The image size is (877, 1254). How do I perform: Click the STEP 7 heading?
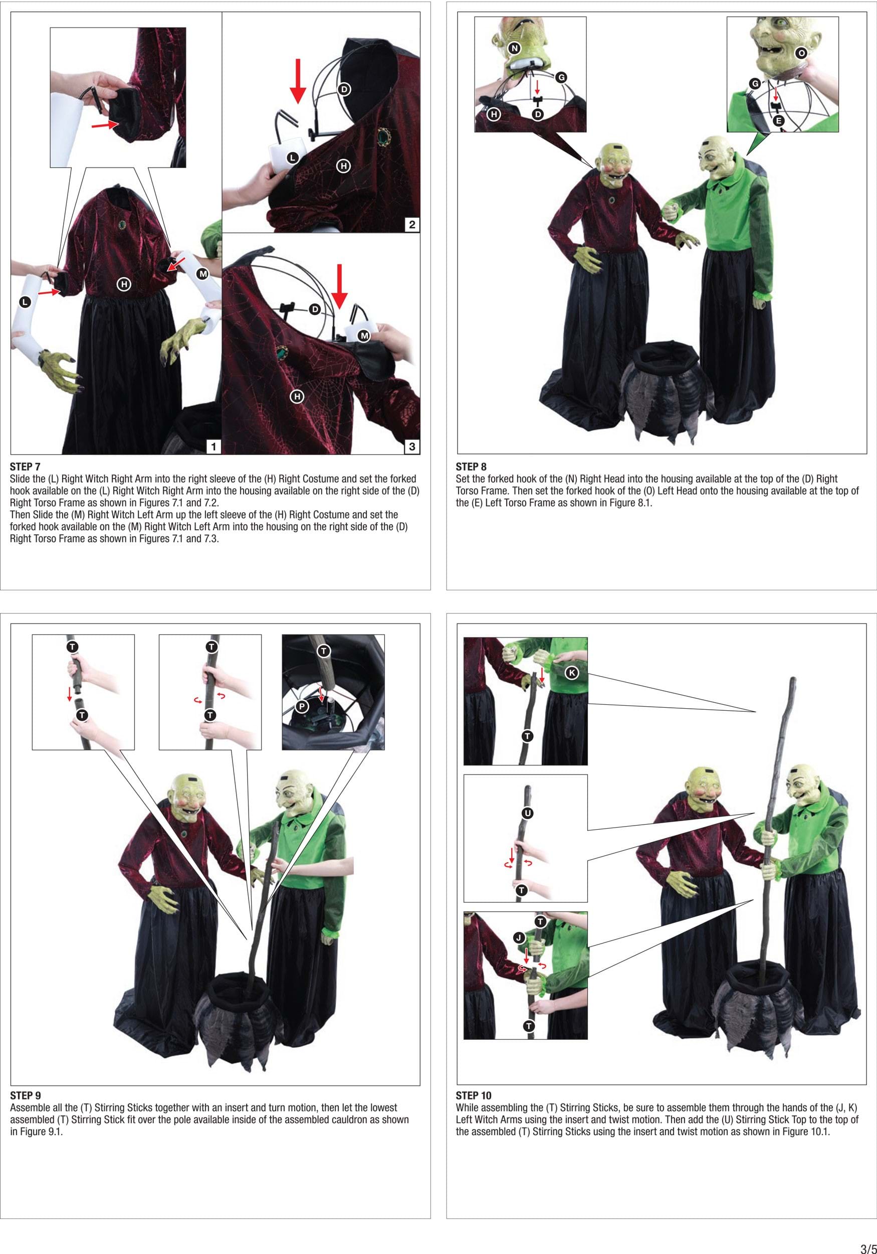[25, 466]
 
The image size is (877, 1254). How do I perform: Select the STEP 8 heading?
[471, 466]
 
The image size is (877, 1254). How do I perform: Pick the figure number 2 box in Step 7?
[412, 224]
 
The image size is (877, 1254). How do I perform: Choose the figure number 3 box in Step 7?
[412, 446]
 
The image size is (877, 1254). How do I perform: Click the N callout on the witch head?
[514, 48]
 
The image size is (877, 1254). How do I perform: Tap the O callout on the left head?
[801, 53]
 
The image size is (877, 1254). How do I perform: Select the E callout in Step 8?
[779, 121]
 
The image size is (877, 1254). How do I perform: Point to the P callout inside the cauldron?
[302, 706]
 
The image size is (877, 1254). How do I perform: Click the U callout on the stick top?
[527, 813]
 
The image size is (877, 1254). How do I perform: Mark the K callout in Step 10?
[571, 672]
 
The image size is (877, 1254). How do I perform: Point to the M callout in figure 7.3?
[364, 336]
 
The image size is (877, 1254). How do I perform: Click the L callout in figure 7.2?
[293, 158]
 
